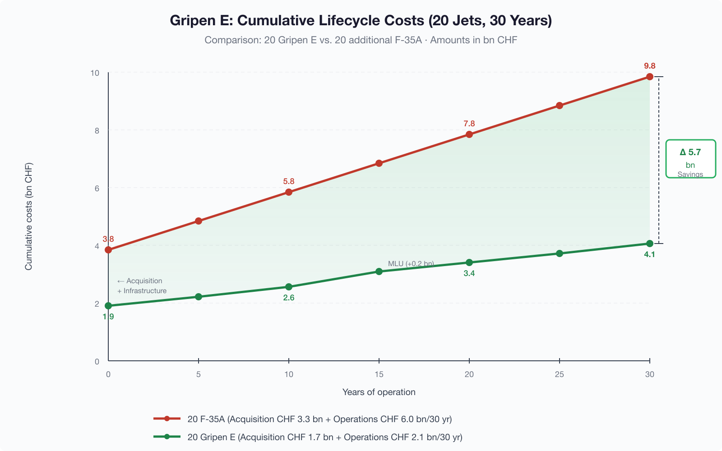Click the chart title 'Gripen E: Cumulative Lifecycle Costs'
coord(361,21)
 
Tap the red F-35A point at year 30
coord(649,77)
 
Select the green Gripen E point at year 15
coord(379,272)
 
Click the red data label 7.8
coord(469,124)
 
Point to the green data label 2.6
coord(289,298)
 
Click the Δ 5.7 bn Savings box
coord(690,159)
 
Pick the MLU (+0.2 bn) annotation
coord(411,264)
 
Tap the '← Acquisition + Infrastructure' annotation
coord(142,286)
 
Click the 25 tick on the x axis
coord(559,374)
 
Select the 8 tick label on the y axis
coord(97,131)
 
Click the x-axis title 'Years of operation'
coord(379,392)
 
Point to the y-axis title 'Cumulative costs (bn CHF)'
coord(29,216)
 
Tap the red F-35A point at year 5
coord(199,221)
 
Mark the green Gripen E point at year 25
coord(559,253)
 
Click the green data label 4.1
coord(649,254)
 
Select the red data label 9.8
coord(649,66)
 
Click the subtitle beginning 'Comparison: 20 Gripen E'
coord(361,40)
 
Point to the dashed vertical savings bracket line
coord(659,160)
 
